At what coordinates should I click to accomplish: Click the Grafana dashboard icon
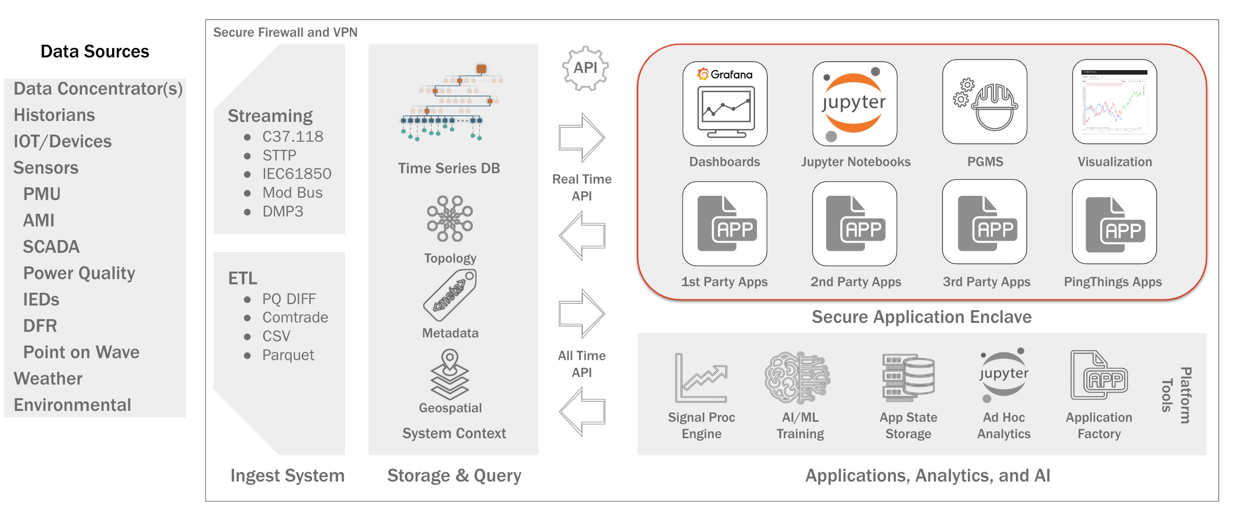click(x=725, y=104)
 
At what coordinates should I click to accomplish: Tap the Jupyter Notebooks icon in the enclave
click(x=854, y=104)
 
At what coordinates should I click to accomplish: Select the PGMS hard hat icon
click(x=984, y=102)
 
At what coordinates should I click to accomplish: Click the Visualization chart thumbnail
click(x=1114, y=102)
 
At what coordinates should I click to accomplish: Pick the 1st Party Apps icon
click(x=725, y=223)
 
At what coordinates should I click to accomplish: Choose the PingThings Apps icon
click(x=1114, y=222)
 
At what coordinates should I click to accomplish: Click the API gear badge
click(x=585, y=68)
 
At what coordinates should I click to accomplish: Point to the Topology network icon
click(x=450, y=218)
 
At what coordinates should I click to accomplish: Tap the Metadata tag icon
click(x=450, y=295)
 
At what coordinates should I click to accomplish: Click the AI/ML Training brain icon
click(x=797, y=377)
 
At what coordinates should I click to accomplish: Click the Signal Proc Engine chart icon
click(x=701, y=377)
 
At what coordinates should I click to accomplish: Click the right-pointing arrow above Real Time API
click(x=581, y=137)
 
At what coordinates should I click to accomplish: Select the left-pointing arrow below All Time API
click(x=581, y=412)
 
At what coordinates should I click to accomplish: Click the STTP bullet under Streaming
click(x=279, y=155)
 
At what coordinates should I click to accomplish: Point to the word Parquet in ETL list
click(x=288, y=355)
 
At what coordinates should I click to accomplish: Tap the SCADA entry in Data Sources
click(x=51, y=247)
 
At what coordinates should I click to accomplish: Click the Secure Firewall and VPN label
click(x=285, y=32)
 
